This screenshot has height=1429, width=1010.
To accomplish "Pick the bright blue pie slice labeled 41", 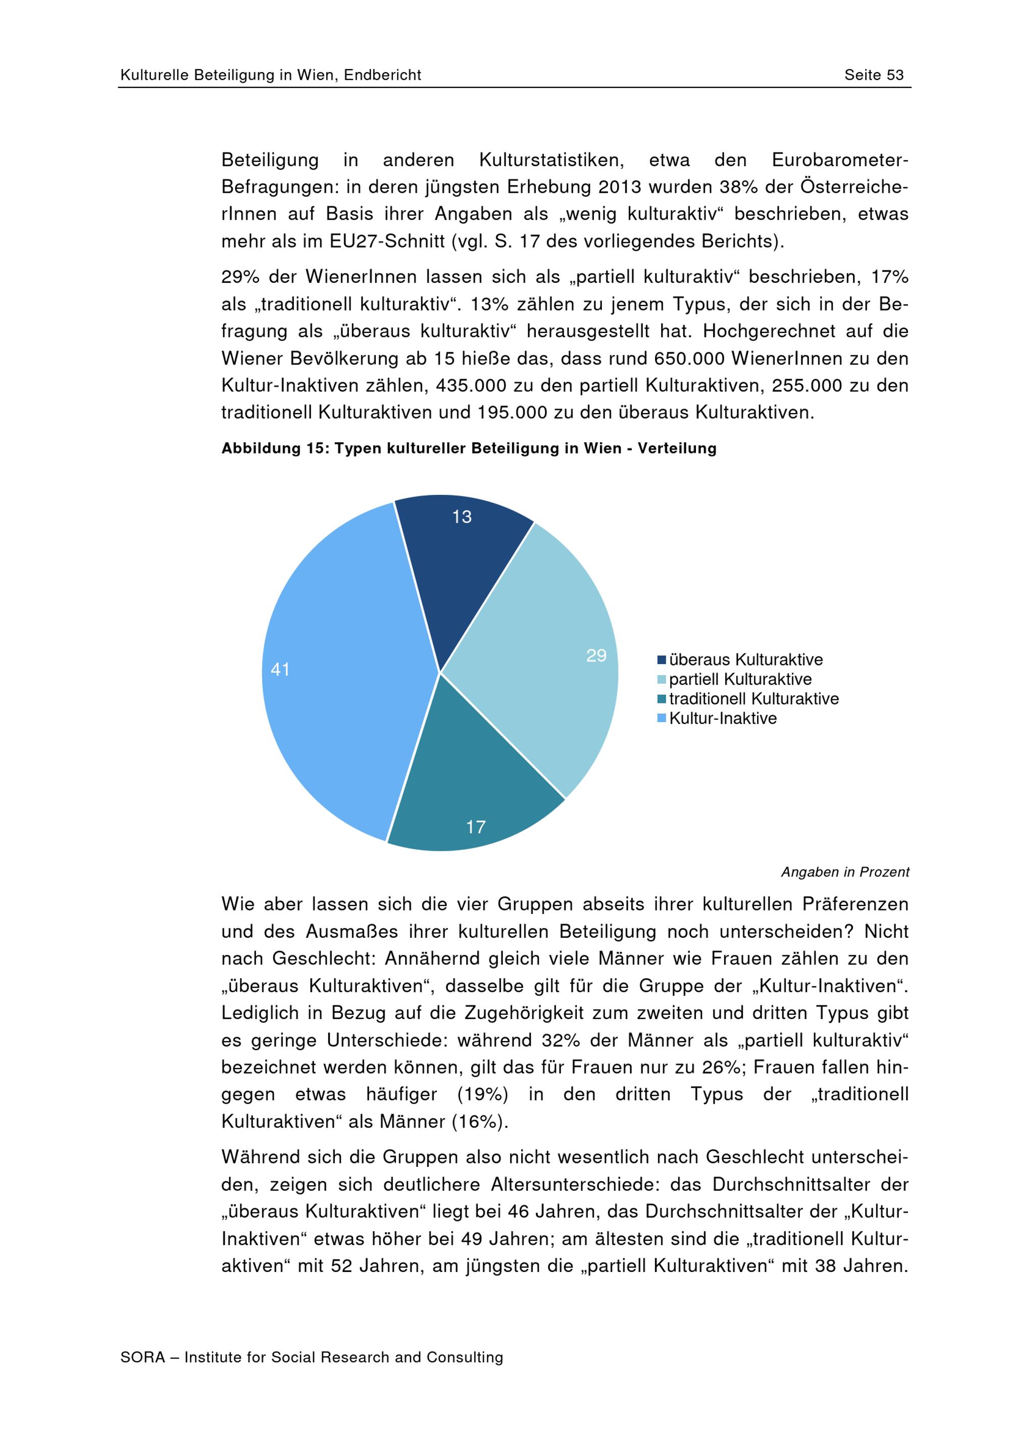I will (x=336, y=672).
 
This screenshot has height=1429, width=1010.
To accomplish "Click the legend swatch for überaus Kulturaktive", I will (x=662, y=660).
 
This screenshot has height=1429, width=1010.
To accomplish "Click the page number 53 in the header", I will (x=895, y=75).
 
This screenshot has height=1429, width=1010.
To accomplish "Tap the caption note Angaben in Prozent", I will (x=844, y=872).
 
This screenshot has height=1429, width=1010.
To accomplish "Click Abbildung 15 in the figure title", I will (x=274, y=449).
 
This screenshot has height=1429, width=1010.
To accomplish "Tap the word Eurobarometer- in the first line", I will (x=839, y=161).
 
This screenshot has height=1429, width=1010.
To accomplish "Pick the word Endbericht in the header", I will (x=382, y=75).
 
